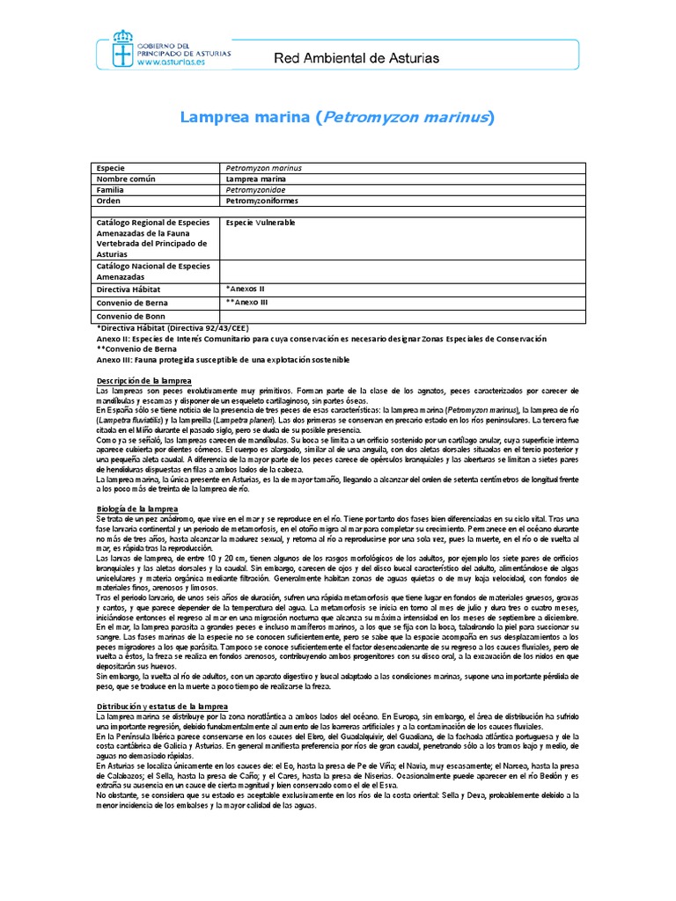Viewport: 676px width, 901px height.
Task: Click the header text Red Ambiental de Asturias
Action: [x=357, y=58]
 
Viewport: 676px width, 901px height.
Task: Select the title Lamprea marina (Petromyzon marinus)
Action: [x=337, y=117]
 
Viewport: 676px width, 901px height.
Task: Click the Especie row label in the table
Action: [x=111, y=167]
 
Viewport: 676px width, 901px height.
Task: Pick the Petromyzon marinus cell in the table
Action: [x=264, y=167]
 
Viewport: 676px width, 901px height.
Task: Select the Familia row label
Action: [x=112, y=189]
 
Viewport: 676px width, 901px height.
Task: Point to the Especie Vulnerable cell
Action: [x=261, y=223]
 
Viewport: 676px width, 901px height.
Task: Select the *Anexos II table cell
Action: [x=246, y=288]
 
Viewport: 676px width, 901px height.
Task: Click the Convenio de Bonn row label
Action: [x=131, y=316]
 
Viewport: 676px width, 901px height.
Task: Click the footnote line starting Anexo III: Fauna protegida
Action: [x=223, y=359]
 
